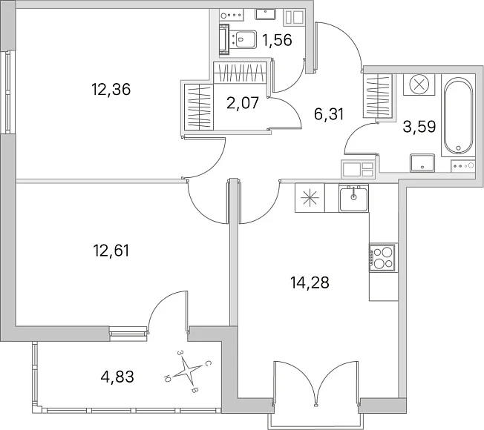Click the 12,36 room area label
pyautogui.click(x=111, y=90)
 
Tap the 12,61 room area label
pyautogui.click(x=111, y=251)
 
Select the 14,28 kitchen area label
pyautogui.click(x=310, y=282)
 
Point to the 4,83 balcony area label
pyautogui.click(x=117, y=377)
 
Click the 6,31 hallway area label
pyautogui.click(x=329, y=114)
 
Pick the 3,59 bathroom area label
pyautogui.click(x=419, y=126)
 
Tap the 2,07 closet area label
pyautogui.click(x=243, y=103)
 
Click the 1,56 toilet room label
pyautogui.click(x=277, y=40)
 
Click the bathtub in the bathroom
pyautogui.click(x=458, y=116)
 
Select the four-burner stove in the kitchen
pyautogui.click(x=382, y=258)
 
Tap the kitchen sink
pyautogui.click(x=353, y=198)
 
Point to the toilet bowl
pyautogui.click(x=243, y=39)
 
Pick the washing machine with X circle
pyautogui.click(x=419, y=85)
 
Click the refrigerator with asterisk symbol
pyautogui.click(x=310, y=198)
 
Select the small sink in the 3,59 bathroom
pyautogui.click(x=422, y=163)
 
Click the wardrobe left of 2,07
pyautogui.click(x=199, y=107)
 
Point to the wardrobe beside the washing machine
pyautogui.click(x=379, y=96)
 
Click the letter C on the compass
pyautogui.click(x=208, y=364)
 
